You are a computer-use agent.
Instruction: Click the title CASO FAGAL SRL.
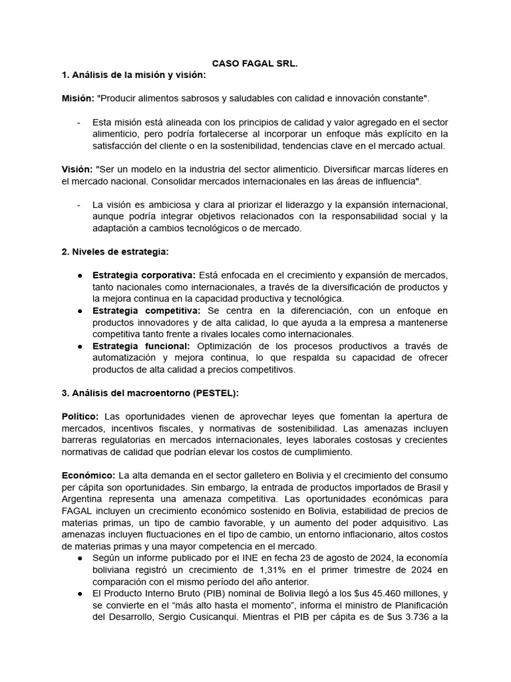coord(255,63)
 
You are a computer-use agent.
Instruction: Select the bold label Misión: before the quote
coord(77,98)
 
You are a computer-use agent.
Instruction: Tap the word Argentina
coord(83,498)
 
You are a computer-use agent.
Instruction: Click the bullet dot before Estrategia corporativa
coord(80,276)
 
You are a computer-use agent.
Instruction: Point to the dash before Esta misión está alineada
coord(79,123)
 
